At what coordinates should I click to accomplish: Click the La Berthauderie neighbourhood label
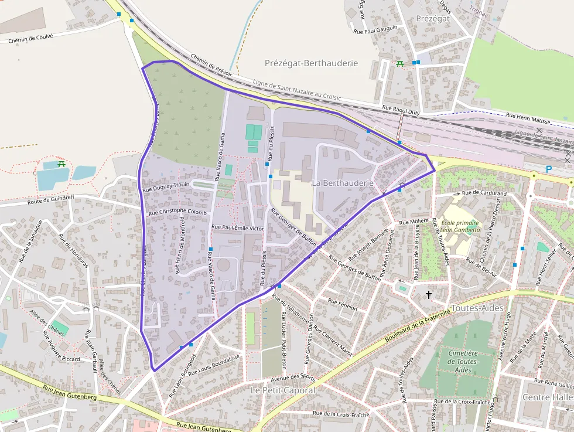tap(343, 183)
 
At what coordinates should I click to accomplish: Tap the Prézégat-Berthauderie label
tap(311, 63)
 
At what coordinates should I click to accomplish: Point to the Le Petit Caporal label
tap(282, 390)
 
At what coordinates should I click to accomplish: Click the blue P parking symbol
tap(549, 169)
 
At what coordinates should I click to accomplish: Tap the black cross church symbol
tap(429, 294)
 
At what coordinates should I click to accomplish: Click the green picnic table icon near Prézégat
tap(400, 63)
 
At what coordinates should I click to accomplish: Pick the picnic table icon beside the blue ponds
tap(61, 164)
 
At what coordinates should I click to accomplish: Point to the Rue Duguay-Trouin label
tap(166, 188)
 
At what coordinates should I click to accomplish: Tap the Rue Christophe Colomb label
tap(178, 212)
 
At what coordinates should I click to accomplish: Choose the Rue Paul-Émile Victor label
tap(237, 227)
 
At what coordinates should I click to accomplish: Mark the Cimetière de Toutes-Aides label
tap(463, 362)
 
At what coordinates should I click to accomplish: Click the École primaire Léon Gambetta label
tap(460, 226)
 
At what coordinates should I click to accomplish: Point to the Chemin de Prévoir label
tap(211, 65)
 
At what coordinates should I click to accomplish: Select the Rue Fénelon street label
tap(343, 302)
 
